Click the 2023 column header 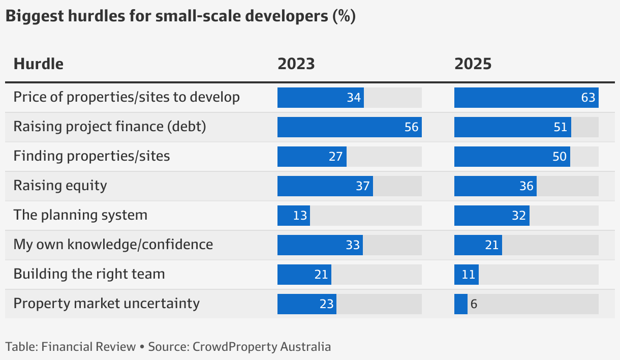(x=296, y=64)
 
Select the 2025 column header (x=473, y=64)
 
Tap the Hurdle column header (x=39, y=64)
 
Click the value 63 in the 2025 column (x=588, y=98)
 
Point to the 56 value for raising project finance (x=412, y=127)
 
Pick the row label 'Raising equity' (x=60, y=186)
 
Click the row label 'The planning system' (x=80, y=215)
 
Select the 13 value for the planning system (x=300, y=216)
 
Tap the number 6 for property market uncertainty (x=474, y=304)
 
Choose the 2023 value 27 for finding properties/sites (x=335, y=157)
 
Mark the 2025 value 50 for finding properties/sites (x=559, y=157)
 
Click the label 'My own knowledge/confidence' (x=113, y=245)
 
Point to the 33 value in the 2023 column (x=353, y=245)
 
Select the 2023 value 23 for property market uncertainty (x=326, y=304)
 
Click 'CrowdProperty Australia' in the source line (x=260, y=347)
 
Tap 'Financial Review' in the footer (x=88, y=347)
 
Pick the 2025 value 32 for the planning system (x=518, y=216)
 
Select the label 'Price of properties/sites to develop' (x=126, y=97)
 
